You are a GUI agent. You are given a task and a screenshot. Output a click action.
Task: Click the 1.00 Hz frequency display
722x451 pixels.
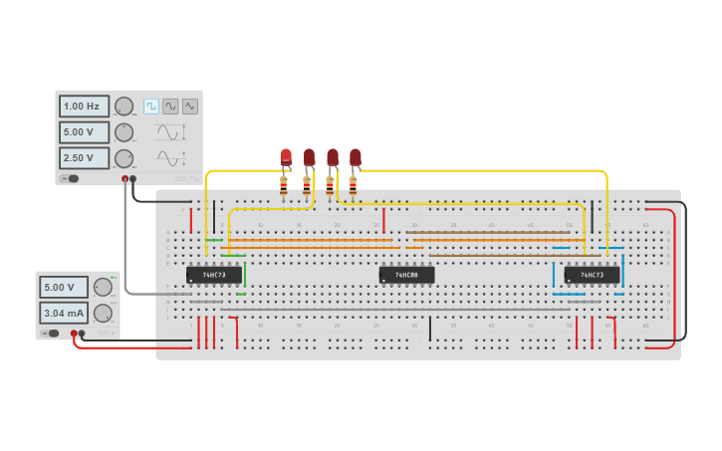84,107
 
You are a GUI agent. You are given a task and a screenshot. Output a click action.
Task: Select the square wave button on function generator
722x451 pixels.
151,106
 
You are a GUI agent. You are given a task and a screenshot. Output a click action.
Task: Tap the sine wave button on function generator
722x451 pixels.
170,106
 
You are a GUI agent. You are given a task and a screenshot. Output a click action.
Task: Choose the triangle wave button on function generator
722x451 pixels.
189,106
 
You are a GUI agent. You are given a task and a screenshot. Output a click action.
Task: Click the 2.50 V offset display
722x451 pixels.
84,158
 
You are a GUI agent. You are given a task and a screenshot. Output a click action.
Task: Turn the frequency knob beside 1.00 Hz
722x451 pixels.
123,107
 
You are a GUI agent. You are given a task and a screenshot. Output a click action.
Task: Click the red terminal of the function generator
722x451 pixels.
125,179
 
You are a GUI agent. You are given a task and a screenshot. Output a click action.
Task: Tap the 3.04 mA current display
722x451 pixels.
64,314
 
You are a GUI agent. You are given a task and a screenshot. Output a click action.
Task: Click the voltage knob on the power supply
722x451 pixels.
103,288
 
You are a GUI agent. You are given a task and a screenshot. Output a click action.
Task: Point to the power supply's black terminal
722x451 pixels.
82,334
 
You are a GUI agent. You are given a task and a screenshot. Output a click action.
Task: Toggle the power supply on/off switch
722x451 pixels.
54,334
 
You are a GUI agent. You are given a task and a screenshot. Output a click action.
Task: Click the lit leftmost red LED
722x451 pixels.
286,157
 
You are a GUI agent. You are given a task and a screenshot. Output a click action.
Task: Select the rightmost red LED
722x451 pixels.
355,157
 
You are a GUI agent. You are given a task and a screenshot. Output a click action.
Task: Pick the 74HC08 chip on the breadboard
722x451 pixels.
406,274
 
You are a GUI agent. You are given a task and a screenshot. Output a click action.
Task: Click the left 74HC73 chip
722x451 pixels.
214,274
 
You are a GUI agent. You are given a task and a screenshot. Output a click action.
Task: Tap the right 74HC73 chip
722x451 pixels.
592,274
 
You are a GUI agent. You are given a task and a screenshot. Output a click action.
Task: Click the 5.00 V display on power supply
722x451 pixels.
64,288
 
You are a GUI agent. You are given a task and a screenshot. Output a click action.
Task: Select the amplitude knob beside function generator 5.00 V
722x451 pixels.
123,132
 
